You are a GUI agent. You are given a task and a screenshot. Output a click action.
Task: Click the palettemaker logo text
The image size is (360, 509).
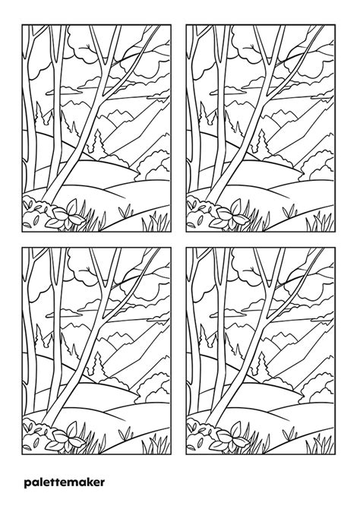coord(63,482)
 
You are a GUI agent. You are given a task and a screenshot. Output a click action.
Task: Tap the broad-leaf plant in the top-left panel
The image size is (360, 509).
coord(73,212)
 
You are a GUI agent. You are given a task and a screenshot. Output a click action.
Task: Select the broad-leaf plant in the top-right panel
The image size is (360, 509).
coord(235,212)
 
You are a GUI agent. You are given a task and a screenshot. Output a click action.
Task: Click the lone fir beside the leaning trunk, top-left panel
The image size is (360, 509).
coord(98,142)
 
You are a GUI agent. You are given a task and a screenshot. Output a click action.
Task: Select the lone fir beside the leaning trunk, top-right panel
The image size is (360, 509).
coord(261,142)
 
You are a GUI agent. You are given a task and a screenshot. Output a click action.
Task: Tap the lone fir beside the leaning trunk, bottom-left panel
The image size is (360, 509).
coord(98,365)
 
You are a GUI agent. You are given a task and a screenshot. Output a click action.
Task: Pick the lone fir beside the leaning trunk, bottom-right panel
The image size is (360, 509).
coord(261,365)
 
